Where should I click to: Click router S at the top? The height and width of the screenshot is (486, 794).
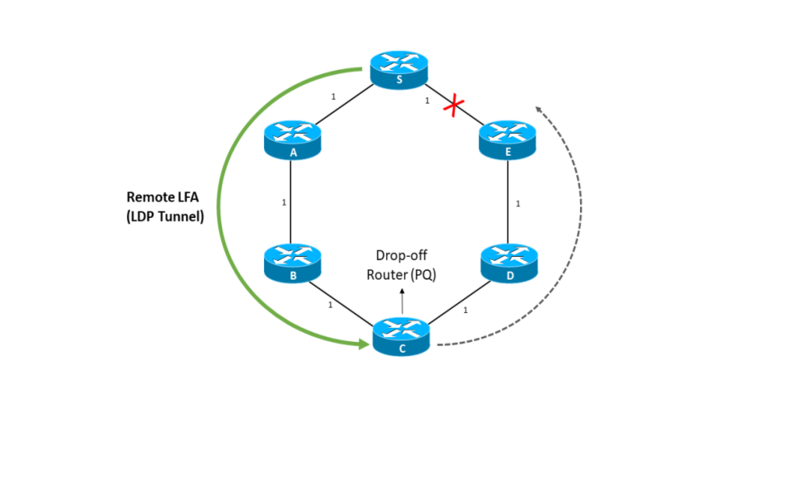pyautogui.click(x=399, y=69)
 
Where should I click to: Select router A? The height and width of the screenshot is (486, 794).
pyautogui.click(x=293, y=139)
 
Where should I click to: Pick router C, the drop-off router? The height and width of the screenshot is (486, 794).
pyautogui.click(x=401, y=336)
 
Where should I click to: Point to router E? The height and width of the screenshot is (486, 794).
pyautogui.click(x=508, y=139)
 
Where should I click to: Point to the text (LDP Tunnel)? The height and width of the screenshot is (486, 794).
pyautogui.click(x=164, y=217)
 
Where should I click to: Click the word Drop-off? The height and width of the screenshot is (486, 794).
pyautogui.click(x=402, y=255)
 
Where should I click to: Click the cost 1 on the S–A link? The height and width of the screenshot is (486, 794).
pyautogui.click(x=333, y=97)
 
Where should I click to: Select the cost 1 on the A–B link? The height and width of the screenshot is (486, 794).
pyautogui.click(x=284, y=202)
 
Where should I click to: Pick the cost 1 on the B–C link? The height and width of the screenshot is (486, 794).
pyautogui.click(x=330, y=305)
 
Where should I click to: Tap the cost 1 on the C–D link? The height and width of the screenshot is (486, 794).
pyautogui.click(x=466, y=310)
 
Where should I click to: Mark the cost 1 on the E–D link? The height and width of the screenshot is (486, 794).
pyautogui.click(x=518, y=204)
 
